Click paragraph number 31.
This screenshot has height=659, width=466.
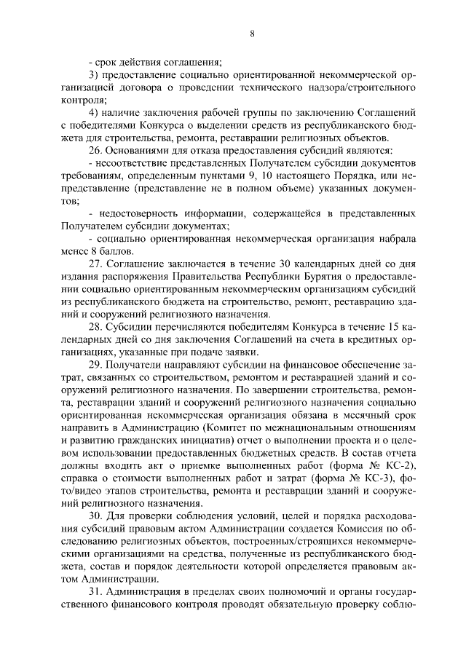(x=94, y=593)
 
